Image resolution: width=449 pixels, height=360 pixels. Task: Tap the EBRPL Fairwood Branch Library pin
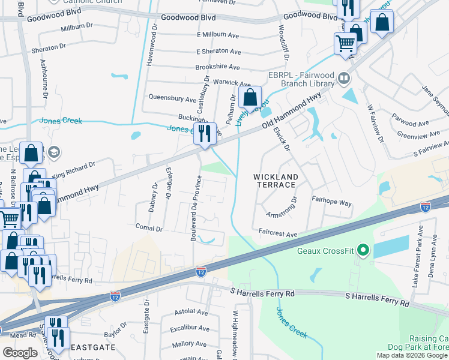344,77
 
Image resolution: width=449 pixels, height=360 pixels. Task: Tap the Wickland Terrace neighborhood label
276,181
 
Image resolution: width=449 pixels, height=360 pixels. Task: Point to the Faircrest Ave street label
278,234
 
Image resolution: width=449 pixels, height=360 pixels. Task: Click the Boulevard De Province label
194,208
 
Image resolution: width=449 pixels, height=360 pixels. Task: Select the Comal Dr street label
149,229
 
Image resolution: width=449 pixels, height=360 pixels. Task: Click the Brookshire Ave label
217,67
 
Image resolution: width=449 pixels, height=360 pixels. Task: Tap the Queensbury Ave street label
172,97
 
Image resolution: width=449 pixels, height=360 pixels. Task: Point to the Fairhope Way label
331,203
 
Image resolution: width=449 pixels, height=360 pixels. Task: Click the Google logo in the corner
20,352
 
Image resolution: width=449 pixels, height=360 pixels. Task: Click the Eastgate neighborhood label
89,347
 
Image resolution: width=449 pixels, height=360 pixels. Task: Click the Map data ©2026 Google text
411,355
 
